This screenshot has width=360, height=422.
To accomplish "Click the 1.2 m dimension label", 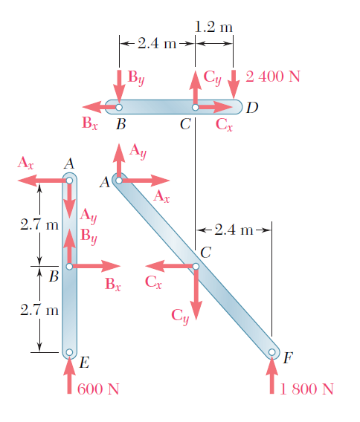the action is (x=213, y=27).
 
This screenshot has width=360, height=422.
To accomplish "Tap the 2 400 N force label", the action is (x=273, y=77).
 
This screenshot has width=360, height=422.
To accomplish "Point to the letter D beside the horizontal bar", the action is (x=252, y=108).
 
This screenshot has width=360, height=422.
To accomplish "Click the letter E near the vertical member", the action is (x=84, y=363).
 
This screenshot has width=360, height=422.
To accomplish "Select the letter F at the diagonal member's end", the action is (x=288, y=357).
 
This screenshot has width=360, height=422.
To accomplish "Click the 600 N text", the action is (x=98, y=389).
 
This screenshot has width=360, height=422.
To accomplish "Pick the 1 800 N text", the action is (x=307, y=389).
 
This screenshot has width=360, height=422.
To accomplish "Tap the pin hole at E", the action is (x=69, y=352).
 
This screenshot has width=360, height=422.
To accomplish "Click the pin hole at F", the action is (x=272, y=352).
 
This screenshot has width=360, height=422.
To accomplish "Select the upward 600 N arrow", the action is (x=69, y=375).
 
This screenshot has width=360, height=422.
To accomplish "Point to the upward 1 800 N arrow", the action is (x=272, y=375).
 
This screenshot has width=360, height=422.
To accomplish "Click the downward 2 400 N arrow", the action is (x=234, y=84).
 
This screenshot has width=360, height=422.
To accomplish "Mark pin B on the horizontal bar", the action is (x=119, y=108).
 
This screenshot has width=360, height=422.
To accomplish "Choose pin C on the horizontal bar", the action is (x=196, y=108).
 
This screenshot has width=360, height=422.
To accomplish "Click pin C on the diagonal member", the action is (x=196, y=267).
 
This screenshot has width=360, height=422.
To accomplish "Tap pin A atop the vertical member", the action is (x=69, y=181).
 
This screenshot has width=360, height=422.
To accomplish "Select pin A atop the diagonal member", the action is (x=119, y=181).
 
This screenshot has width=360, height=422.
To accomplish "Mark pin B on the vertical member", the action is (x=69, y=267).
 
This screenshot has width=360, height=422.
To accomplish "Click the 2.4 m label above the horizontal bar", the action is (x=157, y=43).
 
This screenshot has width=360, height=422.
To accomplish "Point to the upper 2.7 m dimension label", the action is (x=39, y=224).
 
